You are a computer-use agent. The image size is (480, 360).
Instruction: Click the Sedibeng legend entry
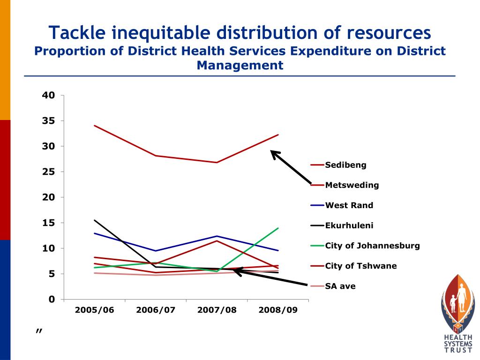[x=346, y=165]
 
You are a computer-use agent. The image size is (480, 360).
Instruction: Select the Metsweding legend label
[x=352, y=185]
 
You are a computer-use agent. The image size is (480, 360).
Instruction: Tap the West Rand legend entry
[x=349, y=205]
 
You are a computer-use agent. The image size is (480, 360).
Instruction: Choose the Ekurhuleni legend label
[x=349, y=225]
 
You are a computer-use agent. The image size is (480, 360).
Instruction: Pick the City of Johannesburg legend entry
[x=372, y=246]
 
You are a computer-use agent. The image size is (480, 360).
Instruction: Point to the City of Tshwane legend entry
[x=360, y=266]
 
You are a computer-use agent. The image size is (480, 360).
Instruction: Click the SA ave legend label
[x=340, y=286]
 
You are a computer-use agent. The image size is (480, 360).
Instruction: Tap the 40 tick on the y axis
[x=49, y=95]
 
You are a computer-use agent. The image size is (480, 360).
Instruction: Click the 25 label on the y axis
[x=49, y=172]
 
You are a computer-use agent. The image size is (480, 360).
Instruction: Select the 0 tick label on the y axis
[x=52, y=299]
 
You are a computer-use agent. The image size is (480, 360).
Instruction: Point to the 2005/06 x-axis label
[x=94, y=310]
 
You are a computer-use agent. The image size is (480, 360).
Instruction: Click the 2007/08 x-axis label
[x=217, y=310]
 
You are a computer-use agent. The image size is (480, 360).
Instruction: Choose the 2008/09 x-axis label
[x=278, y=310]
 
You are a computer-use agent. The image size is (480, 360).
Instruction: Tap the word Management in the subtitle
[x=240, y=65]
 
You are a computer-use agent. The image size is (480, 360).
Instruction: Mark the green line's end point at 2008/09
[x=278, y=228]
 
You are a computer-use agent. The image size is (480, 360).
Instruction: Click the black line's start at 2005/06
[x=94, y=220]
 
